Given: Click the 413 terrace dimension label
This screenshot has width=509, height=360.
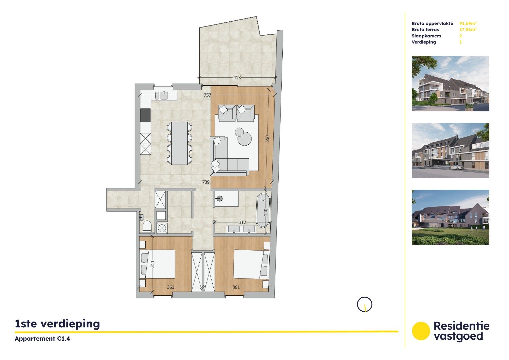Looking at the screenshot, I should pos(237,78).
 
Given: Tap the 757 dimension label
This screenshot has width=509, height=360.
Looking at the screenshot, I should pos(207,95).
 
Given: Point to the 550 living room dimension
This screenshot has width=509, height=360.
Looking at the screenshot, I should pos(267,139).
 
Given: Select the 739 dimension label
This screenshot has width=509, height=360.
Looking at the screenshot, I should pos(206,182).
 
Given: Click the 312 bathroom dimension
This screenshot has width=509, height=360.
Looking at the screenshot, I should pos(242,222).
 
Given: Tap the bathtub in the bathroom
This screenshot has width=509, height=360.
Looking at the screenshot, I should pos(263,210).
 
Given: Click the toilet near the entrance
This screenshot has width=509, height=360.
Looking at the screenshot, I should pos(147,227).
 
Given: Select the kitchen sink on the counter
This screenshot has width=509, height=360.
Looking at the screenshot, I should pos(163,95).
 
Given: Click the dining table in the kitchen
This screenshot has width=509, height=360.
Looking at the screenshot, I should pos(179,143).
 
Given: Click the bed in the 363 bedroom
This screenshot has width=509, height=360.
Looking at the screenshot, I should pos(159,264).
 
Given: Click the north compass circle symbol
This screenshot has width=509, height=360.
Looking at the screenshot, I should pos(364,304).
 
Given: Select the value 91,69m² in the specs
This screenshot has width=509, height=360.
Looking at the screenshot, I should pos(468,23).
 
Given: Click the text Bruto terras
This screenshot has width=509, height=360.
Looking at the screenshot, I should pos(425,30).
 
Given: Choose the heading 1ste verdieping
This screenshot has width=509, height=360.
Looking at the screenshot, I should pos(57,324).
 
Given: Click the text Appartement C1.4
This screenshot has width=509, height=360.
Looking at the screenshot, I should pos(42,339).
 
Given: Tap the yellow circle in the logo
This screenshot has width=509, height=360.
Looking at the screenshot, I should pos(421,331).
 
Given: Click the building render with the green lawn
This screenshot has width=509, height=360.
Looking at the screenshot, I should pos(450,217).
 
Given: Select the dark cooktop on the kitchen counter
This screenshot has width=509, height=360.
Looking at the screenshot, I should pos(145,115).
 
